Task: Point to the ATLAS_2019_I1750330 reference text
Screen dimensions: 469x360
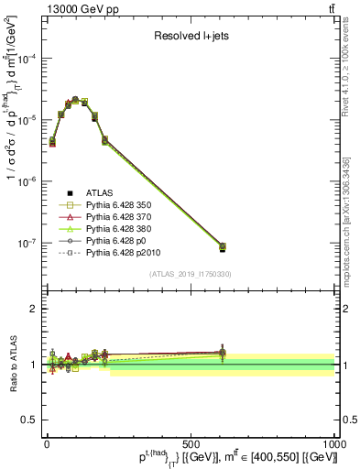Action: coord(189,274)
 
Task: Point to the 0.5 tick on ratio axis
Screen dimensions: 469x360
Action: coord(32,420)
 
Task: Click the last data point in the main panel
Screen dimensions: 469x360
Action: coord(223,246)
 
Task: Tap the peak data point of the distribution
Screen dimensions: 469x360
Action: coord(75,99)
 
